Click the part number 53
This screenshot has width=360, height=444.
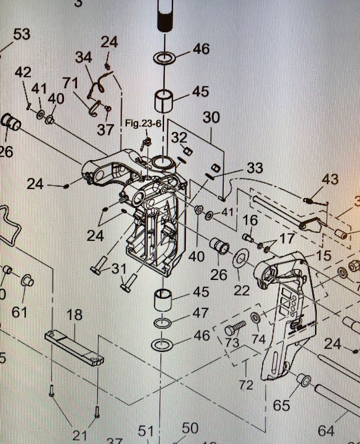pyautogui.click(x=21, y=34)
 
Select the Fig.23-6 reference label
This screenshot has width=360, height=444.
pyautogui.click(x=139, y=123)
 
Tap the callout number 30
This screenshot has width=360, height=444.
pyautogui.click(x=211, y=117)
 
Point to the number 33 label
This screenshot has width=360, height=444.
pyautogui.click(x=254, y=168)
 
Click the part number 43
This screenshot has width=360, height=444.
pyautogui.click(x=330, y=179)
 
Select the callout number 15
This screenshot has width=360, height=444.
pyautogui.click(x=323, y=256)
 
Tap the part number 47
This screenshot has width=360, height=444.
pyautogui.click(x=200, y=312)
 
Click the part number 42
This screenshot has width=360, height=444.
pyautogui.click(x=23, y=73)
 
